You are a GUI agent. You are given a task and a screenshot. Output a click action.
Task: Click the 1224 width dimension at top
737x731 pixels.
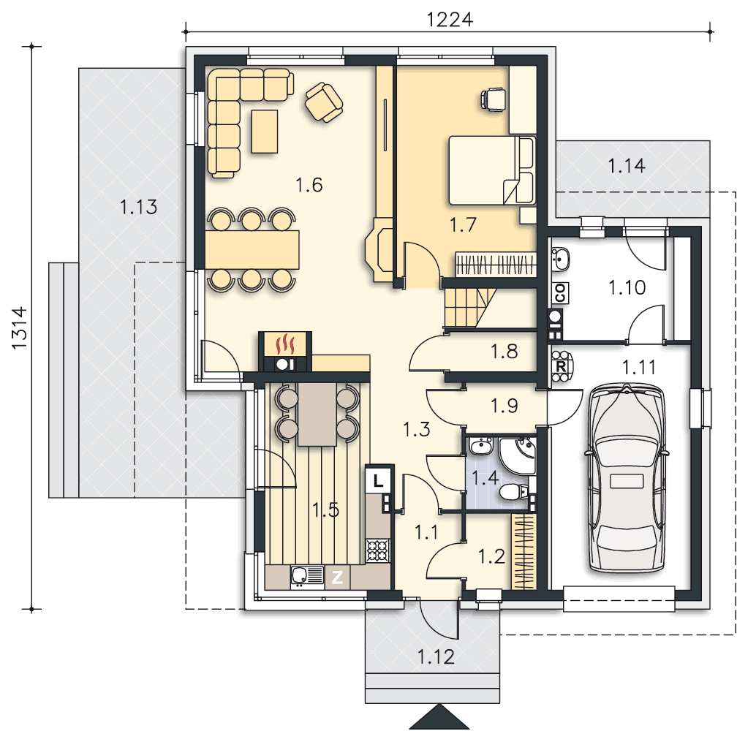pyautogui.click(x=450, y=20)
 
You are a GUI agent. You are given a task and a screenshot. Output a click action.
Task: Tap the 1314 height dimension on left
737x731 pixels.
pyautogui.click(x=19, y=328)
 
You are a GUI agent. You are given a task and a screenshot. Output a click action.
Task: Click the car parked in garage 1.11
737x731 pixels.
pyautogui.click(x=626, y=478)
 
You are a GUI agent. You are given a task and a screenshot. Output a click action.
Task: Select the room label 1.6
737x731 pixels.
pyautogui.click(x=309, y=185)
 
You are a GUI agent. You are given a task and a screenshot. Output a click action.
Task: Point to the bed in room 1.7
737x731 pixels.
pyautogui.click(x=492, y=170)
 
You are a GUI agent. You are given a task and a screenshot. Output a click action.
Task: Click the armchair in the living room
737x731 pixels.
pyautogui.click(x=324, y=102)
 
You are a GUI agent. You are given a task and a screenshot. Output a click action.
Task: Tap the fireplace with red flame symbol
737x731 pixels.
pyautogui.click(x=285, y=352)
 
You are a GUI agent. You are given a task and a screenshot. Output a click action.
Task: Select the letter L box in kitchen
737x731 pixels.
pyautogui.click(x=379, y=480)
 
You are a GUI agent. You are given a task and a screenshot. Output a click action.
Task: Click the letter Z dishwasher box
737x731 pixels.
pyautogui.click(x=337, y=577)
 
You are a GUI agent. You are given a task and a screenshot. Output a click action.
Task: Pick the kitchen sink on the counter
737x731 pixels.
pyautogui.click(x=307, y=576)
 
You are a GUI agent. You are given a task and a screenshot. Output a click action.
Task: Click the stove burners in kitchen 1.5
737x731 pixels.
pyautogui.click(x=378, y=551)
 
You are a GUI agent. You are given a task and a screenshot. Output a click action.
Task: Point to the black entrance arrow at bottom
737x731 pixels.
pyautogui.click(x=439, y=717)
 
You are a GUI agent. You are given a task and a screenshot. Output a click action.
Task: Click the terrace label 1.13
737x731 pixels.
pyautogui.click(x=138, y=207)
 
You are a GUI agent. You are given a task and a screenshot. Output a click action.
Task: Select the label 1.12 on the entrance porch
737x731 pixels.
pyautogui.click(x=436, y=656)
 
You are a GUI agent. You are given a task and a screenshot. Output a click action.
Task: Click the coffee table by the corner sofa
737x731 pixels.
pyautogui.click(x=265, y=131)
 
